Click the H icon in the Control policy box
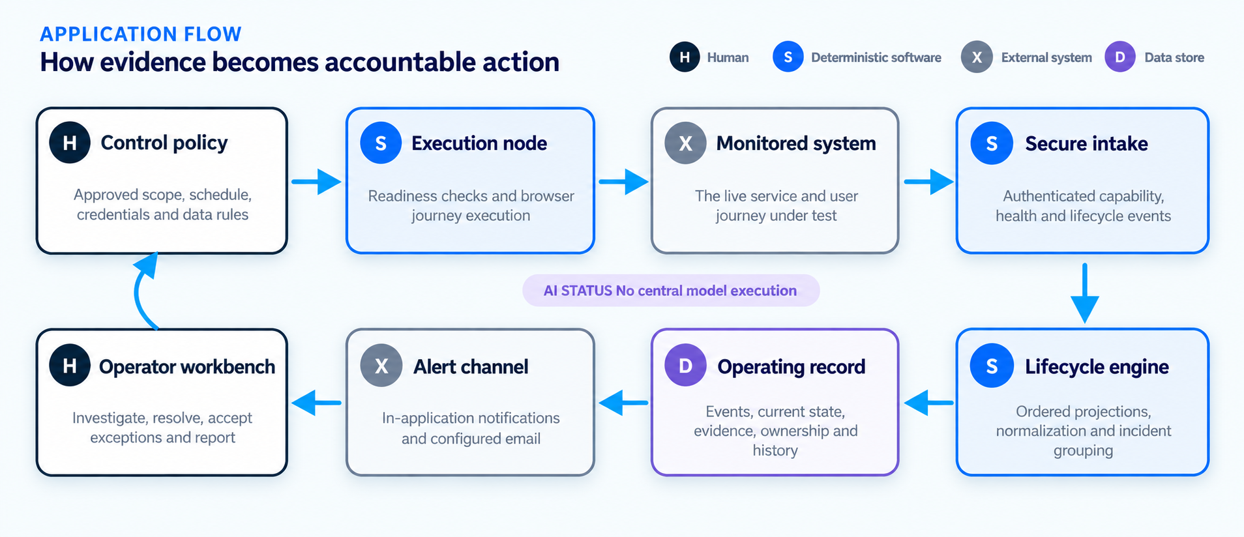tap(70, 143)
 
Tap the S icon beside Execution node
tap(381, 143)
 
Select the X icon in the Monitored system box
tap(685, 143)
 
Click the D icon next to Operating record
tap(685, 366)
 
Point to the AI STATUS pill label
tap(671, 291)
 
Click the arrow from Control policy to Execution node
tap(316, 181)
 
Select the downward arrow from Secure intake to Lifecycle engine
tap(1084, 293)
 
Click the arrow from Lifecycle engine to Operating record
tap(928, 403)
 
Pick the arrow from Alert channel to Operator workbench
tap(316, 403)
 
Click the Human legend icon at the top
tap(685, 57)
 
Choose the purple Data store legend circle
tap(1120, 57)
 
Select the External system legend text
tap(1046, 57)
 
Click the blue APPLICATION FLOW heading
tap(141, 34)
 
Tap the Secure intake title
tap(1086, 143)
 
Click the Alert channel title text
tap(471, 367)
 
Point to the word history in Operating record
tap(775, 450)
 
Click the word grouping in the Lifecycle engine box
tap(1083, 451)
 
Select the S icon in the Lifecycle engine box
tap(992, 366)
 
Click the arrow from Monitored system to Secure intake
tap(928, 181)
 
